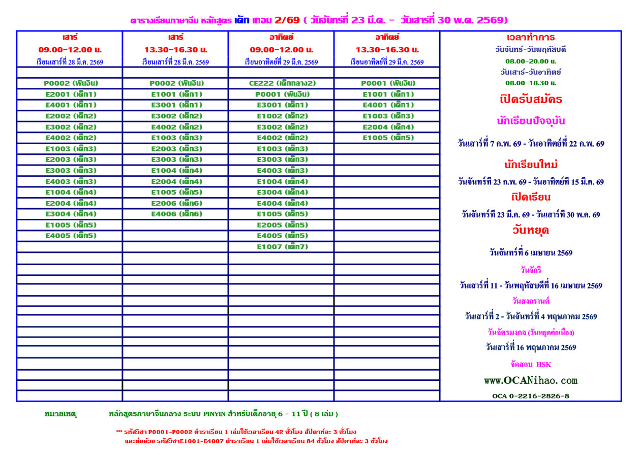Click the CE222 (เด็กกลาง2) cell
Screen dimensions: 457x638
coord(281,83)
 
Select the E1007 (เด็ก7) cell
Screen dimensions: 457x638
coord(281,247)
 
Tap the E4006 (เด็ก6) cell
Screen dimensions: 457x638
coord(175,214)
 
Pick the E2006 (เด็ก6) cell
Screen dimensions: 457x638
coord(175,203)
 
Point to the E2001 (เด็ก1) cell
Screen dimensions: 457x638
coord(70,94)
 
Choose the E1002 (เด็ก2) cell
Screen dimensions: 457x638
coord(281,116)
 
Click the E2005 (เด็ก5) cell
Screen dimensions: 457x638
coord(281,225)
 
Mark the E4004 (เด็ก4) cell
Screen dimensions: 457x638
coord(281,203)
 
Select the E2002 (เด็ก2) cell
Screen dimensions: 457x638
coord(70,116)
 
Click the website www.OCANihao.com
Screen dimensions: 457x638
coord(531,380)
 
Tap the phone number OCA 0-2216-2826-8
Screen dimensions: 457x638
coord(531,396)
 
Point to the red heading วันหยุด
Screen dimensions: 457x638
coord(531,230)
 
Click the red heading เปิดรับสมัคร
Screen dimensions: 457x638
coord(531,99)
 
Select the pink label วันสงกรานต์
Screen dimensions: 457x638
coord(531,301)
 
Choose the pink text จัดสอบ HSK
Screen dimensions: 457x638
coord(531,365)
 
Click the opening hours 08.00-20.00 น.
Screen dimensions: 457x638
coord(531,61)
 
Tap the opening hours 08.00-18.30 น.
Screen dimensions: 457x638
coord(531,83)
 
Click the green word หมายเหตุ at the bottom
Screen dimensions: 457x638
coord(60,414)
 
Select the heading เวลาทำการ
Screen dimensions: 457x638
coord(531,38)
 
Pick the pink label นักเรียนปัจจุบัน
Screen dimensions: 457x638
coord(531,121)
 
